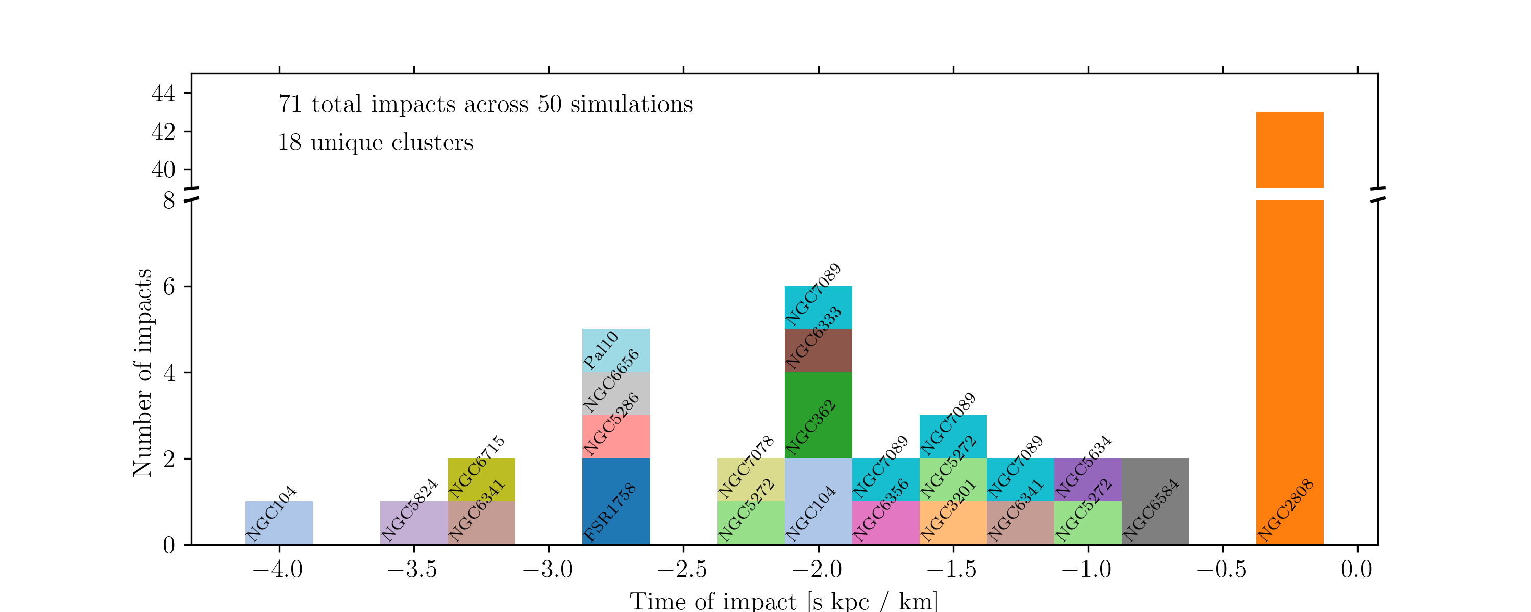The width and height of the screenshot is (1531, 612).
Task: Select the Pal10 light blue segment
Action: [x=616, y=350]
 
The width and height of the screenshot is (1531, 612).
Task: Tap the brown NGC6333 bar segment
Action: [x=819, y=350]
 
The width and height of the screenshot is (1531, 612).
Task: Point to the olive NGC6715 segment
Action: [x=481, y=479]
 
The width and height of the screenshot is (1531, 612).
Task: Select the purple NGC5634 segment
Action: [x=1088, y=479]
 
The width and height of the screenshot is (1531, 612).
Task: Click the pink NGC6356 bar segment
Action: [x=885, y=523]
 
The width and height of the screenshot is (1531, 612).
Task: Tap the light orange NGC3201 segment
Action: [x=953, y=523]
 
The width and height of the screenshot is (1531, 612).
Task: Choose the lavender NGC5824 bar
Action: [x=414, y=523]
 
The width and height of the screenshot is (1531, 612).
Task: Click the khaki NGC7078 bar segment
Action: [x=751, y=479]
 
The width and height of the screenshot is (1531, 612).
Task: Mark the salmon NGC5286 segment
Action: [x=616, y=437]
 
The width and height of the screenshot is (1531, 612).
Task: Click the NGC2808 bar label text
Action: [x=1286, y=511]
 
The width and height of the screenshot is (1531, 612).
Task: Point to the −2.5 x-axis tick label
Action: [x=682, y=570]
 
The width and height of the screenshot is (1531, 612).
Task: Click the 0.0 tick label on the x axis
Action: [x=1357, y=570]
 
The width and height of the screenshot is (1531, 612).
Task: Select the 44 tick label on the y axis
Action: [x=163, y=94]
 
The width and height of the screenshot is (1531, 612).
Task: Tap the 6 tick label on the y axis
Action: [x=169, y=287]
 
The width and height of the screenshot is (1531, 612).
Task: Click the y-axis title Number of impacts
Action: [x=143, y=372]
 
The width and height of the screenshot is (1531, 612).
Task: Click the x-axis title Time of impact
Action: [x=784, y=601]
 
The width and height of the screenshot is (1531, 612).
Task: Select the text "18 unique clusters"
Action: [x=376, y=143]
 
